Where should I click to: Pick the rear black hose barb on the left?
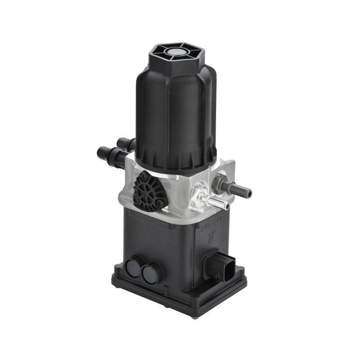(x=126, y=142)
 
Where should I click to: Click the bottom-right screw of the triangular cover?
(x=160, y=203)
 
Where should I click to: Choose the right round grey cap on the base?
(x=151, y=273)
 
